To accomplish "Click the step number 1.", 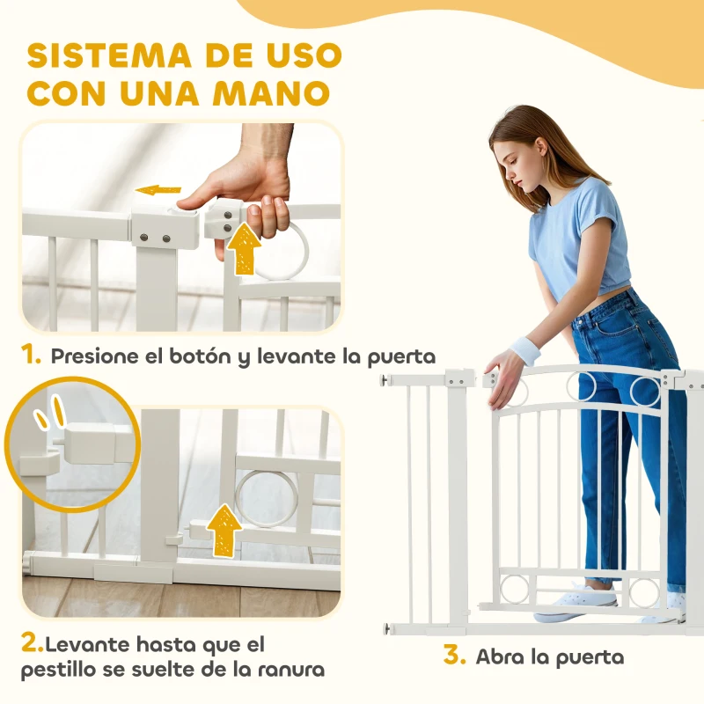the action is click(x=31, y=356).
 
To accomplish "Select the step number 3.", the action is click(x=454, y=655).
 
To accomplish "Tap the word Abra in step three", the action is click(x=501, y=656).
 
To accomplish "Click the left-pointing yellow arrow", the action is click(x=158, y=190).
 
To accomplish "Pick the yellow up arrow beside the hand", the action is click(x=244, y=249).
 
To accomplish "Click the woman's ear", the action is click(x=541, y=150).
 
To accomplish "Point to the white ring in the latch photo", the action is click(x=266, y=498).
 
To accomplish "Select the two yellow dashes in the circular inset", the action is click(x=50, y=412).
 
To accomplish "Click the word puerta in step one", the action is click(x=401, y=357).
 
